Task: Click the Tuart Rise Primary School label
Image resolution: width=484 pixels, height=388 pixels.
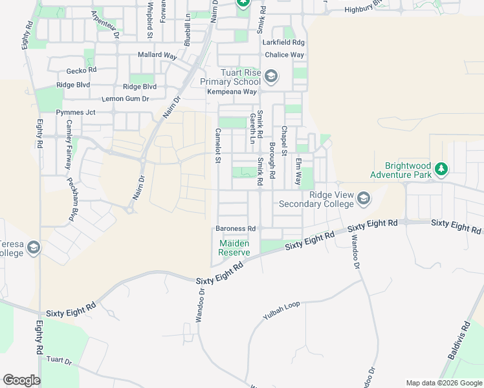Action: point(230,78)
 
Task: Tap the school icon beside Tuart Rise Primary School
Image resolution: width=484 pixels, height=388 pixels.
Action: point(270,78)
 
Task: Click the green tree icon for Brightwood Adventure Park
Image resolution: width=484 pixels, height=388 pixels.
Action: point(441,169)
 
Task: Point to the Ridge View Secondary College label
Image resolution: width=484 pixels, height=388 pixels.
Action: point(316,199)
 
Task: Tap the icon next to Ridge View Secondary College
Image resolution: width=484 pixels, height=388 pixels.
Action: point(364,199)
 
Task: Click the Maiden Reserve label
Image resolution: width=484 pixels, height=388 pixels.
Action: point(234,248)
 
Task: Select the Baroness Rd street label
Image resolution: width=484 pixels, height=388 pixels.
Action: point(236,229)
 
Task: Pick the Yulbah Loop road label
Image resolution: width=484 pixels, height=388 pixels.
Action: point(282,311)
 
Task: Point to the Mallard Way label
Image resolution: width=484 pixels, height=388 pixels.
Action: point(157,56)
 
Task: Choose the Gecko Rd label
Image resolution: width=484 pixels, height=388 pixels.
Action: point(81,70)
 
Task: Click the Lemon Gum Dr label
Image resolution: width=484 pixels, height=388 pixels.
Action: point(126,99)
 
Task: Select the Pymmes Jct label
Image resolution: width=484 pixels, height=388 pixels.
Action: point(76,112)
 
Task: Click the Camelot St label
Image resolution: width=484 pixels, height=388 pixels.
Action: point(218,145)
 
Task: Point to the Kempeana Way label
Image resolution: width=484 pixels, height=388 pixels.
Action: point(232,92)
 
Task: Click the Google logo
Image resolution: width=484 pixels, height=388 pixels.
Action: point(21,380)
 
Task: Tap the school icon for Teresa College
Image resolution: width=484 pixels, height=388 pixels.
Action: point(34,248)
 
